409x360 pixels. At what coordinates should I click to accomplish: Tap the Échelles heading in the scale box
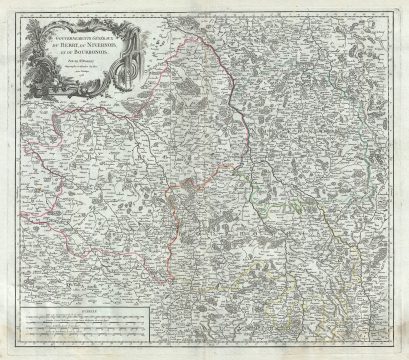pyautogui.click(x=89, y=311)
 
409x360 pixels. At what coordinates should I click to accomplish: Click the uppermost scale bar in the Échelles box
pyautogui.click(x=89, y=317)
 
